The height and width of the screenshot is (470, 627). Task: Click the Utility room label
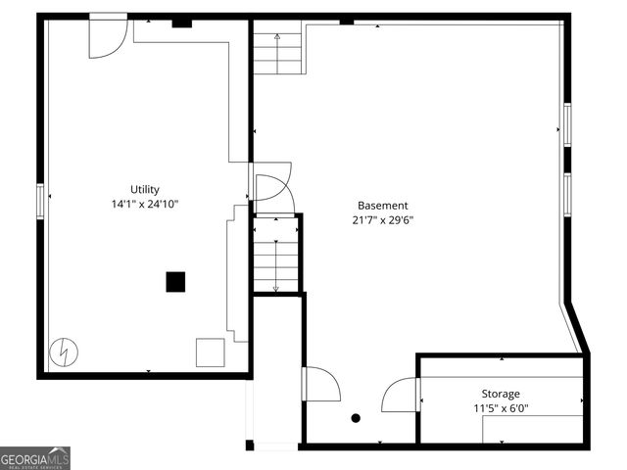point(145,190)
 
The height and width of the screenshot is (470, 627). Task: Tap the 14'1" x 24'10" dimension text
point(145,205)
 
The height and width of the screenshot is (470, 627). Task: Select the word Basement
point(382,206)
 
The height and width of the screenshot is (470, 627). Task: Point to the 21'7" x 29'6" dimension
point(382,220)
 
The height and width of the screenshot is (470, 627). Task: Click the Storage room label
point(500,394)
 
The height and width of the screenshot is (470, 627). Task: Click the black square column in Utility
point(175,282)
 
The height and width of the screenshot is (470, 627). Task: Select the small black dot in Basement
point(356,418)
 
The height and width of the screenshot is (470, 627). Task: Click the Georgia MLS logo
point(35,458)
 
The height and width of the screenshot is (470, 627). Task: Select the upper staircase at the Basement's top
point(278,51)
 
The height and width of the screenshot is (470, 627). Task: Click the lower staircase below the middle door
point(275,255)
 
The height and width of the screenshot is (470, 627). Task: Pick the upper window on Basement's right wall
point(566,124)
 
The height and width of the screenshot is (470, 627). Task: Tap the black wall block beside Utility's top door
point(181,22)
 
